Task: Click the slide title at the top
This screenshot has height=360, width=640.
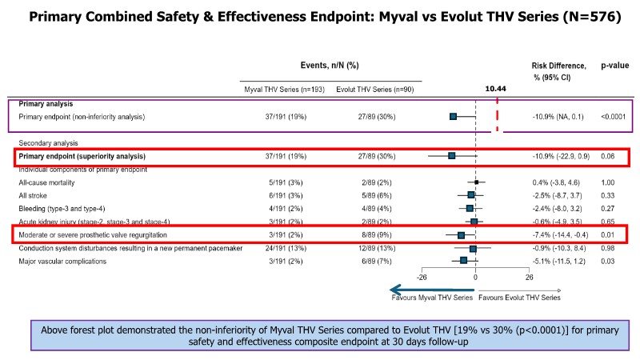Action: point(320,16)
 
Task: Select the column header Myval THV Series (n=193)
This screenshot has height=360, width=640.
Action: point(284,89)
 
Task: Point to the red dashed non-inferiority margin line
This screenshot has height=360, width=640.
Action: point(498,116)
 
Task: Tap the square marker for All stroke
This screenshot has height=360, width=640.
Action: point(471,195)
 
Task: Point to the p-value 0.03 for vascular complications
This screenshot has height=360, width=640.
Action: point(610,261)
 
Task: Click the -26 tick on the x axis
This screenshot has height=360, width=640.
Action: point(422,278)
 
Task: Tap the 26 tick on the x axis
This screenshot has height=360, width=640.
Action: point(529,278)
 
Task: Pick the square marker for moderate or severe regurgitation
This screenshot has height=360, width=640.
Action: point(461,235)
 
